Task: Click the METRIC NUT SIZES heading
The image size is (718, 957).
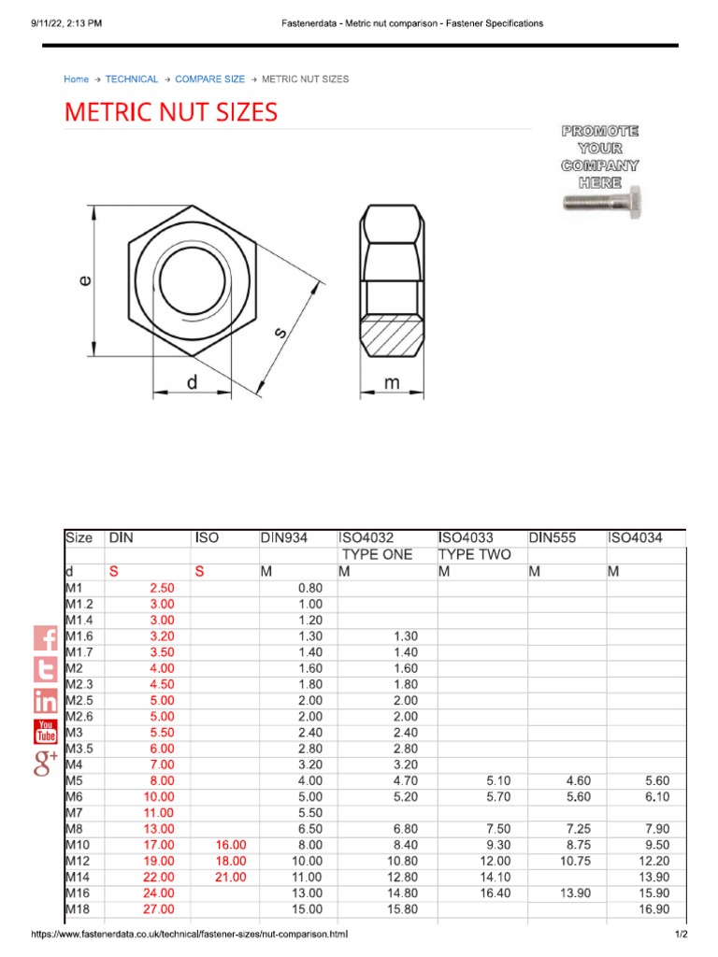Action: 170,113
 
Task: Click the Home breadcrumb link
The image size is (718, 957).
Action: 76,79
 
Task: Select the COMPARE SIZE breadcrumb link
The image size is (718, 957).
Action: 209,79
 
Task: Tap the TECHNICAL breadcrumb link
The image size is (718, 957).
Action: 132,79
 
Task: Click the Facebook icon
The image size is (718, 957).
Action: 46,639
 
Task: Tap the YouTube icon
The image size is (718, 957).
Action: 46,731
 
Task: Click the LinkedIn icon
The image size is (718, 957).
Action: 46,700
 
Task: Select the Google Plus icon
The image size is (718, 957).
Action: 46,762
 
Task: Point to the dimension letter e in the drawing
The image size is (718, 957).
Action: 84,279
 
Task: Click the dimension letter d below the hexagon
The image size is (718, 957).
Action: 191,382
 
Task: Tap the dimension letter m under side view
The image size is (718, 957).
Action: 393,382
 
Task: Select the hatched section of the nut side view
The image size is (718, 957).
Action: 393,336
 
